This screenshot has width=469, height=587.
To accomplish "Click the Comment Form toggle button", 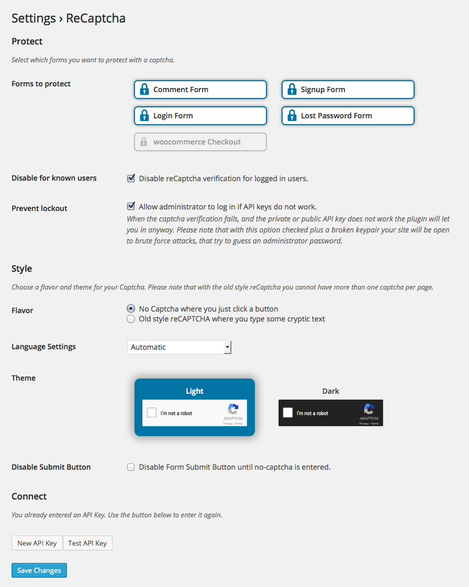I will [200, 90].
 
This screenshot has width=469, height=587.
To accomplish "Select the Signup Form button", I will [348, 90].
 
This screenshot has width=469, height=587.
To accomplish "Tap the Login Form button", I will [200, 116].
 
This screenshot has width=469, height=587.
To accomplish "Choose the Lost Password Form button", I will [348, 116].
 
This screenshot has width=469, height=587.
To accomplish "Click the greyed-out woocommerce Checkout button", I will [200, 142].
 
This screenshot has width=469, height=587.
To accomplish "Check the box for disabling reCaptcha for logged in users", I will [131, 179].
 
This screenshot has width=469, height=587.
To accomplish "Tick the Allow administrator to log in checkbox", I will [131, 206].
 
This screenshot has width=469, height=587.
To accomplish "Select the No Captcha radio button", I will [131, 309].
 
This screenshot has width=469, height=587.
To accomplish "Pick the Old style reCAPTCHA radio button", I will [131, 319].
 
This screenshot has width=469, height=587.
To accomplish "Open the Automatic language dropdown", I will [179, 347].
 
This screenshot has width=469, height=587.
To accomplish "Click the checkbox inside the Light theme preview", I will [152, 413].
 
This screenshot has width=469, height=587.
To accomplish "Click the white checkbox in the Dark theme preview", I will [288, 413].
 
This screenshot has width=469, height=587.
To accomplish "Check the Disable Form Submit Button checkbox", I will [131, 467].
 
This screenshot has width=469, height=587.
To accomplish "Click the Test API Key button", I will [87, 543].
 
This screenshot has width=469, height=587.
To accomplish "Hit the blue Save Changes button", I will [39, 570].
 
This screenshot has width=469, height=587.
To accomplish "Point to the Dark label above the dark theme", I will [331, 391].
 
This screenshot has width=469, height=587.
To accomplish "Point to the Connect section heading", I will [29, 496].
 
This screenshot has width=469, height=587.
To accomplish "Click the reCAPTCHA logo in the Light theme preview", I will [233, 409].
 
